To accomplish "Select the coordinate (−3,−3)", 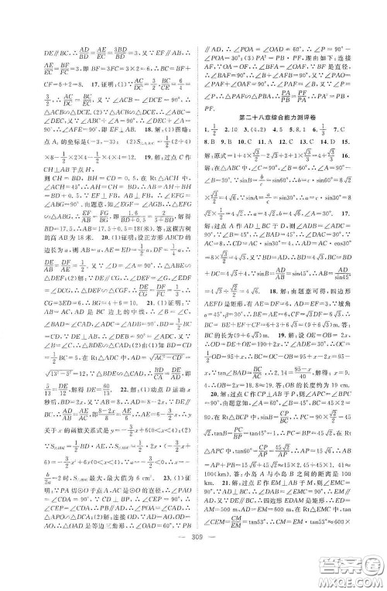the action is [x=86, y=142].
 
